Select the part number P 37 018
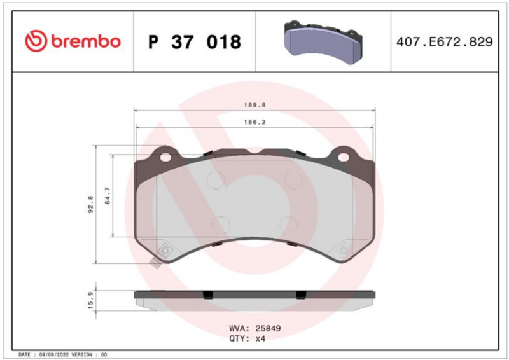tap(195, 42)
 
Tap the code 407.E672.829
tap(444, 42)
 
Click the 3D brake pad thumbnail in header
tap(323, 42)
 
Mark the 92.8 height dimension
tap(90, 204)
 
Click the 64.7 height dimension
tap(108, 196)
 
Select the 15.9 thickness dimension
tap(90, 300)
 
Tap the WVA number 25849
tap(268, 328)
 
